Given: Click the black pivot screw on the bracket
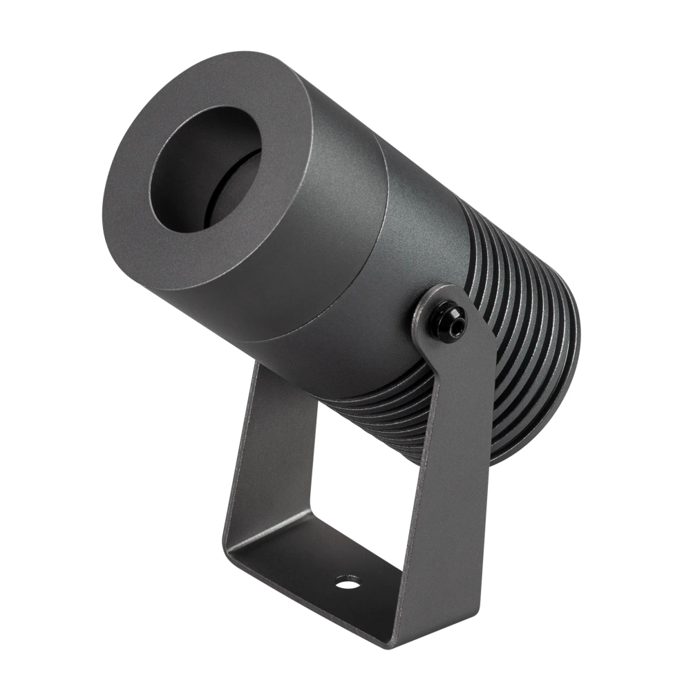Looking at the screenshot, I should [448, 321].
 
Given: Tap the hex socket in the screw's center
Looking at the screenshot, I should [450, 320].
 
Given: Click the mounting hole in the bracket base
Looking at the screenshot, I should [348, 583].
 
